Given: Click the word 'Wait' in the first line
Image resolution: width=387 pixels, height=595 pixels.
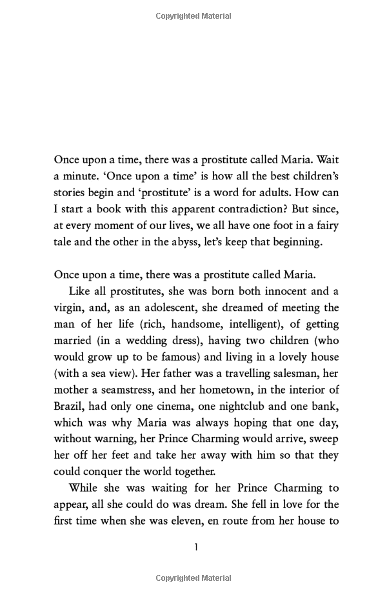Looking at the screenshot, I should (324, 159).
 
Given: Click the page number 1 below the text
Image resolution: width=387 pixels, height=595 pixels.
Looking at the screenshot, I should (195, 549).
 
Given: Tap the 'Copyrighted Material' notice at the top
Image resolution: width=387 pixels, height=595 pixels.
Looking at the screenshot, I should (193, 15).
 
